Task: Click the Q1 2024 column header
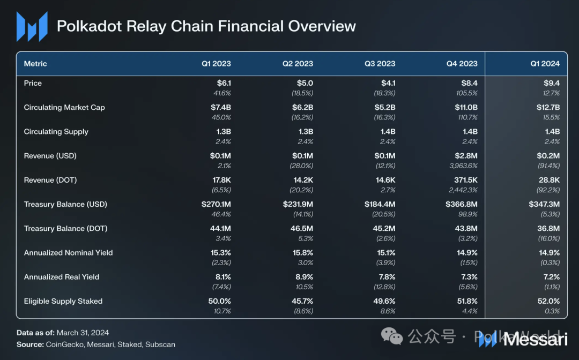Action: (x=545, y=64)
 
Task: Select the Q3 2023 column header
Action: (x=380, y=64)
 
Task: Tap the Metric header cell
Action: (x=35, y=64)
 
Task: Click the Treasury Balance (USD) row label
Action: (x=65, y=204)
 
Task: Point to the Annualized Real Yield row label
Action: (x=61, y=277)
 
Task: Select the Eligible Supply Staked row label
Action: (x=63, y=301)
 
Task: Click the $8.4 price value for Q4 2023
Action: (x=469, y=83)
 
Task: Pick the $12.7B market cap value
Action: (x=548, y=107)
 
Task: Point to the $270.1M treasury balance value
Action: (x=216, y=204)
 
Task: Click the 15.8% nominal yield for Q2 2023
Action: (x=302, y=253)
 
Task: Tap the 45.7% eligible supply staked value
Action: (x=302, y=301)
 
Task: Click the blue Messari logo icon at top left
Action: (x=32, y=26)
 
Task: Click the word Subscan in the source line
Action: (x=160, y=344)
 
